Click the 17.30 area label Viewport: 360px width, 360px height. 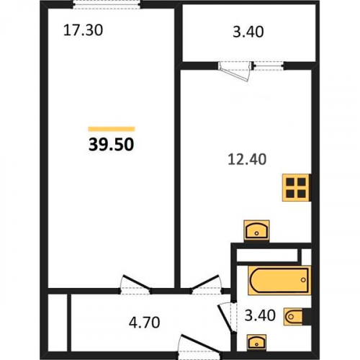83,30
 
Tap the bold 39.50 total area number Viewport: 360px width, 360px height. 111,145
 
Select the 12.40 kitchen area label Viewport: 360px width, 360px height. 247,159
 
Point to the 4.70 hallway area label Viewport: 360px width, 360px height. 144,323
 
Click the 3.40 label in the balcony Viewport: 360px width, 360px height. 248,32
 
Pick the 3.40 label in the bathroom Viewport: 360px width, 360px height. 260,315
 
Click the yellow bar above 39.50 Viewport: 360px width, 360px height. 112,129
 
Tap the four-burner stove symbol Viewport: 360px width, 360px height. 297,187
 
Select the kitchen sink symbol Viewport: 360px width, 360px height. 256,231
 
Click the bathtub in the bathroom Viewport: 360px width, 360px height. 279,280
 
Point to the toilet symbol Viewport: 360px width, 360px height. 297,317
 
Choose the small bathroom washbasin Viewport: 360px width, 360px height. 256,341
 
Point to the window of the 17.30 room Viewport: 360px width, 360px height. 107,5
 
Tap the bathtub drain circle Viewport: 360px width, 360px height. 304,280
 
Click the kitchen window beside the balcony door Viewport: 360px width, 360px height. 269,66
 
